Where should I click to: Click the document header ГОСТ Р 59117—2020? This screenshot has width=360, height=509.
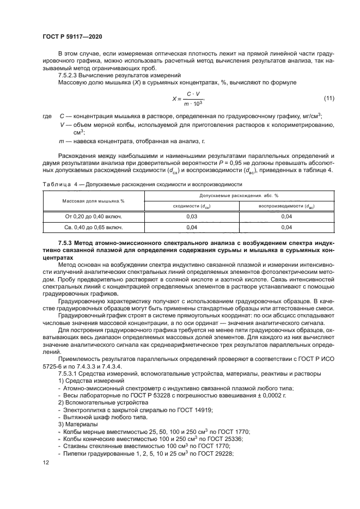72,36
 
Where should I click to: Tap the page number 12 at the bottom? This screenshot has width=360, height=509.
46,462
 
